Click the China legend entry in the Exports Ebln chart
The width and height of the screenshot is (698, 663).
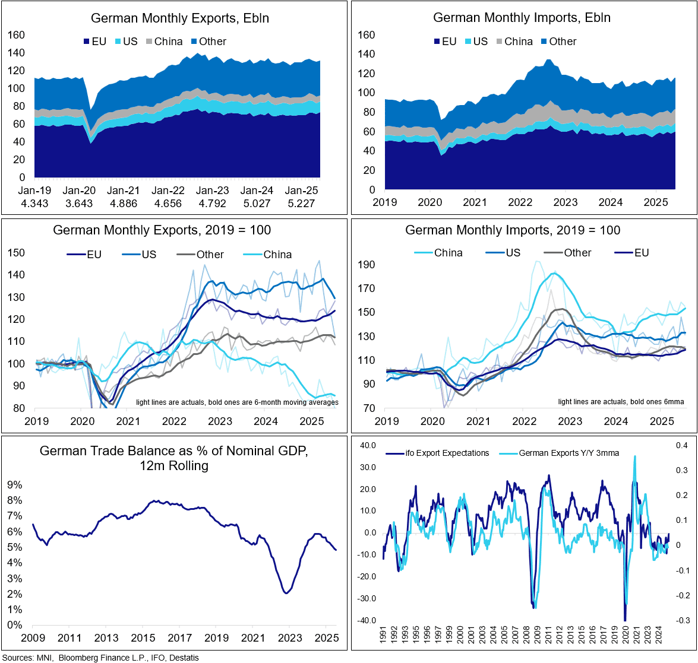(x=168, y=42)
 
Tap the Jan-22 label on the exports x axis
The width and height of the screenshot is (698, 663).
(x=168, y=191)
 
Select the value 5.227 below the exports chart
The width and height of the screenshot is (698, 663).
(x=302, y=203)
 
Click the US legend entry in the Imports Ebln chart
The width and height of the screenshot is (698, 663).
(x=480, y=42)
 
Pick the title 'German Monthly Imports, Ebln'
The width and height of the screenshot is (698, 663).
(x=522, y=18)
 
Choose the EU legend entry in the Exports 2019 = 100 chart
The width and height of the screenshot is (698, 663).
(x=94, y=255)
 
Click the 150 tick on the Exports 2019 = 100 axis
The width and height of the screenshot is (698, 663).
(x=17, y=253)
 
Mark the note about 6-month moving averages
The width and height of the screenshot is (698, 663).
(x=237, y=402)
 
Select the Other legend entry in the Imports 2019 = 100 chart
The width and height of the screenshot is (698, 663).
(x=577, y=253)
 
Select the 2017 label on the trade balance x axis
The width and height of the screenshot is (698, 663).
(x=179, y=638)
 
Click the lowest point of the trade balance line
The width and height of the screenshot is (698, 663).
(x=287, y=593)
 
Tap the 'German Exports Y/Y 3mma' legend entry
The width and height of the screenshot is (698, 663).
(x=568, y=453)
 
